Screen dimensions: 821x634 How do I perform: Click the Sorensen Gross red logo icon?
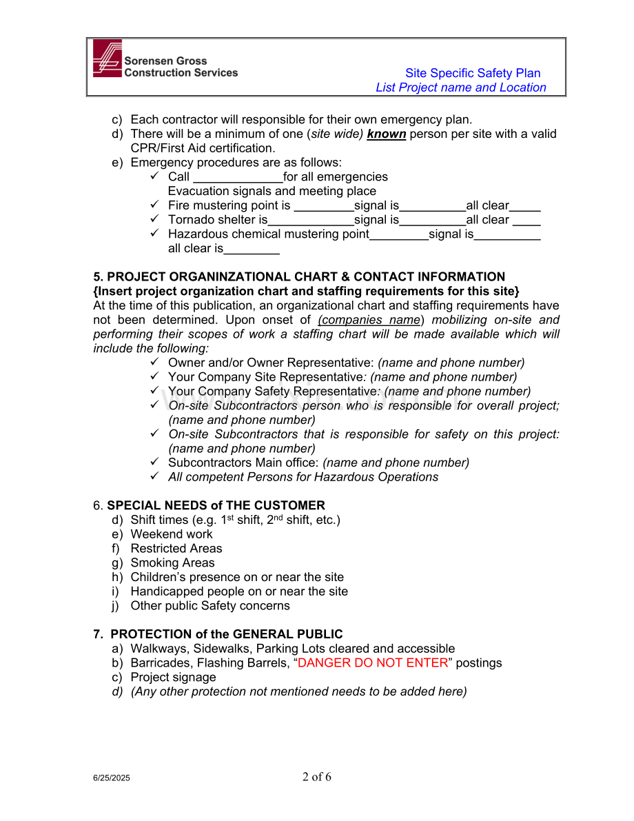107,58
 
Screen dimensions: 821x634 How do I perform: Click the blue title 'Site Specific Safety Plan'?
472,73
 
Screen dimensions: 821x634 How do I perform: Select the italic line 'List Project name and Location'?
460,88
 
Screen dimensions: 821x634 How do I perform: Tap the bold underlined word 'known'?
386,134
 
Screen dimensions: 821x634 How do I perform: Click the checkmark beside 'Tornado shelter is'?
155,219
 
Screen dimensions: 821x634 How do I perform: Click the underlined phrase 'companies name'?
369,320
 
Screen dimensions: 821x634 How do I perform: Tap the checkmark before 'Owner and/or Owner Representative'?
155,362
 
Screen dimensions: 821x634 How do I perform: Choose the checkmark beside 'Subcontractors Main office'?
155,462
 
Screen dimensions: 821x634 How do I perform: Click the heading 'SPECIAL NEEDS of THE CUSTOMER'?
216,505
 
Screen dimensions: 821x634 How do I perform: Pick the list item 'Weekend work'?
172,534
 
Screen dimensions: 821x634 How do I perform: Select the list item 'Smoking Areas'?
172,563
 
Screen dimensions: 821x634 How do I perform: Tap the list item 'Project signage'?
173,678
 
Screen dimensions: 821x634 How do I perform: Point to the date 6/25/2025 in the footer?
112,778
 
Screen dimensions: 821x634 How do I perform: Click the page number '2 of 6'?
317,777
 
